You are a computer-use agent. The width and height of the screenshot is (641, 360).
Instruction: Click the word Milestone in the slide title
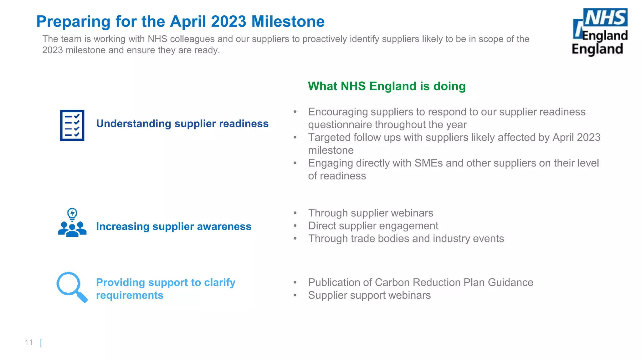288,22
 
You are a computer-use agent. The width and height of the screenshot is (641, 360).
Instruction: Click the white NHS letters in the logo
605,18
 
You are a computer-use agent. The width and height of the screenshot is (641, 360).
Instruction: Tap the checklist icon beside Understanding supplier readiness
72,125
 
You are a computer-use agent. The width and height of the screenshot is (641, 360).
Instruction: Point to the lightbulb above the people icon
72,214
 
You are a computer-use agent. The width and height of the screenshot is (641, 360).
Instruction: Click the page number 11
29,342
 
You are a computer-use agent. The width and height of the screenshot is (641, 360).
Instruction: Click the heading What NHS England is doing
387,86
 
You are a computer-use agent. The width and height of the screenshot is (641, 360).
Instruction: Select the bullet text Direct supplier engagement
373,226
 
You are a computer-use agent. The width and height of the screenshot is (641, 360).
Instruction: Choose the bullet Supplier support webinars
369,295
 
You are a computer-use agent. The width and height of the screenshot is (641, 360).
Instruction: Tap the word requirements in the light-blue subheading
130,295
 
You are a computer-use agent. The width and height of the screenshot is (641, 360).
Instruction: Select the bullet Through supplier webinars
371,213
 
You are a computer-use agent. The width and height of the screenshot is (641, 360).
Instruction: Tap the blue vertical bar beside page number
41,343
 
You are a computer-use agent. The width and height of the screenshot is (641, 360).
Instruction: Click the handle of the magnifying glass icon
82,297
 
